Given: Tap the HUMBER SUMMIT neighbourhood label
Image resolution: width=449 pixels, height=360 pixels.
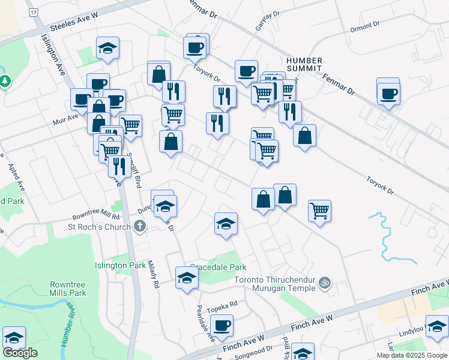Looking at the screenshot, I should (x=304, y=65).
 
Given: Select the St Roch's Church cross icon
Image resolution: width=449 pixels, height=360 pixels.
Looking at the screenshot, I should (x=140, y=226).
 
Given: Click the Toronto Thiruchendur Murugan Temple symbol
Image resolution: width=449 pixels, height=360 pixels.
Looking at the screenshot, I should (x=325, y=282).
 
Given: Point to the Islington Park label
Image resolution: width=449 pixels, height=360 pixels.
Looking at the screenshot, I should (x=121, y=265).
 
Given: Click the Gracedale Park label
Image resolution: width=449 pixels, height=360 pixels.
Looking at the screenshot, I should (x=218, y=266).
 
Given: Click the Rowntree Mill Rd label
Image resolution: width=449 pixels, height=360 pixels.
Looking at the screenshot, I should (x=96, y=215).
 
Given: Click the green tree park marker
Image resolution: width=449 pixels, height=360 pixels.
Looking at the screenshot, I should (x=5, y=80).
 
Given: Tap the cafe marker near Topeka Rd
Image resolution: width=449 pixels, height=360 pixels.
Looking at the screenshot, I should (x=222, y=326).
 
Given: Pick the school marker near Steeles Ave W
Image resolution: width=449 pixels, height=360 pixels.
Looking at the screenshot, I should (x=107, y=49).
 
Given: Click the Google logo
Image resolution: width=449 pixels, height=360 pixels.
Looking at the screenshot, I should (x=20, y=353).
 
